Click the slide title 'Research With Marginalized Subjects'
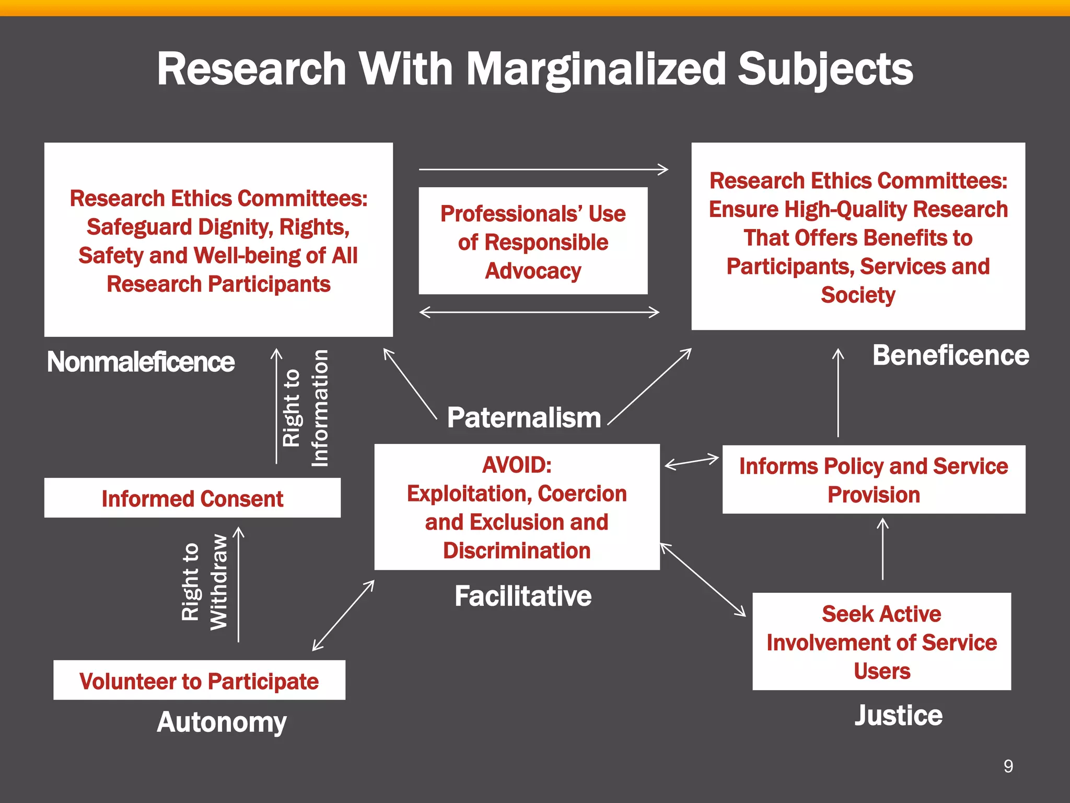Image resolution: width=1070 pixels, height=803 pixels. pos(535,70)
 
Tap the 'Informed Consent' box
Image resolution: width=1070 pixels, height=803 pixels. pos(192,498)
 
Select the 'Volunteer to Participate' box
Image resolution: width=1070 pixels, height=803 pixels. pos(199,680)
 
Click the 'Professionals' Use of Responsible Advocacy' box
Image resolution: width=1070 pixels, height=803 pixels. pos(533,241)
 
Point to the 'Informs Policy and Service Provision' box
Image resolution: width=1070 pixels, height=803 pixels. pos(874,479)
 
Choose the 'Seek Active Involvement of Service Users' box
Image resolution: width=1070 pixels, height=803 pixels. pos(881,641)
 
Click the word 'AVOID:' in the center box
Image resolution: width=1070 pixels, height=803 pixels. pos(517,465)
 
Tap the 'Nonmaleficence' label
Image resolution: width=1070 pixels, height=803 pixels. pos(141,362)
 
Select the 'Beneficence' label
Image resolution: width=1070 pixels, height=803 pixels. pos(951,355)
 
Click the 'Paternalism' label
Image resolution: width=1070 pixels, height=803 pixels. pos(524,418)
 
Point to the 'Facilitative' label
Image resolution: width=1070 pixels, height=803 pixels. pos(523,596)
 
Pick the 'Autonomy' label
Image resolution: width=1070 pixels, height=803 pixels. pos(222,722)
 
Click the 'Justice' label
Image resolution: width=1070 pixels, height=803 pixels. pos(899,715)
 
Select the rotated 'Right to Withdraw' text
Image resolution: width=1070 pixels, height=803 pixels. pos(204,582)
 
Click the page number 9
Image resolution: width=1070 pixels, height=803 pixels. pos(1008,766)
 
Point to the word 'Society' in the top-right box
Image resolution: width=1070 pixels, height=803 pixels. pos(858,295)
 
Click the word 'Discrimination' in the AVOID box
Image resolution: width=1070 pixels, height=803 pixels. pos(517,551)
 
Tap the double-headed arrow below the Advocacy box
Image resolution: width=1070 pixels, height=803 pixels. pos(539,312)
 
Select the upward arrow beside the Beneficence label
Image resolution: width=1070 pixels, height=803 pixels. pos(838,393)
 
